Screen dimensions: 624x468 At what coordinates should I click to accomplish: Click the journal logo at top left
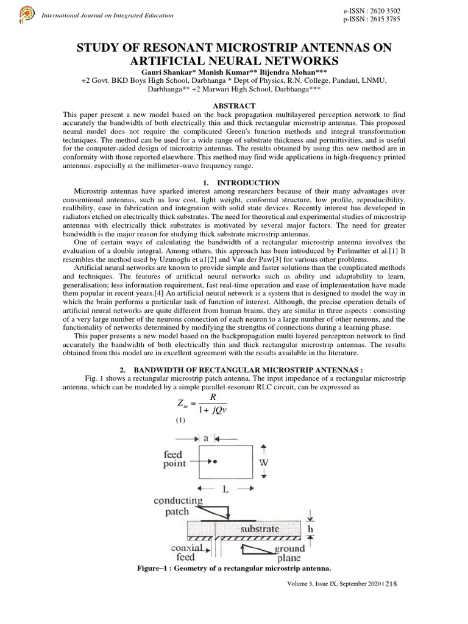click(x=26, y=13)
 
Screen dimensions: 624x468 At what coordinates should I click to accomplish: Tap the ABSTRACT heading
click(x=233, y=105)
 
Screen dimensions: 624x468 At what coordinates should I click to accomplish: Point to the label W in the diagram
click(x=263, y=461)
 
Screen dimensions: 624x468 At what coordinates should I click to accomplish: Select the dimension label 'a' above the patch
click(x=207, y=438)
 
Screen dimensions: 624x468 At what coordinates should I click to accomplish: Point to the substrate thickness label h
click(x=309, y=529)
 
